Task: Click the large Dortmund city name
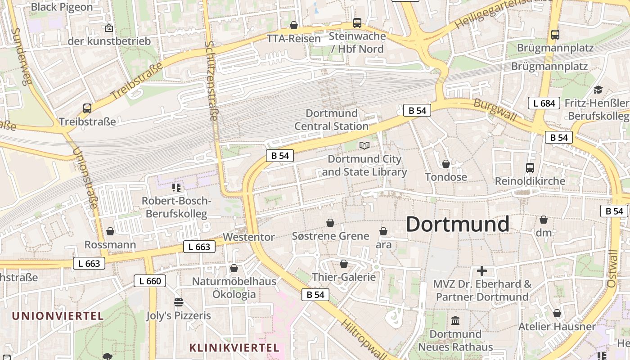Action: pyautogui.click(x=458, y=224)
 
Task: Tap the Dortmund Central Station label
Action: pyautogui.click(x=332, y=120)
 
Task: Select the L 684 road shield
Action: pyautogui.click(x=544, y=103)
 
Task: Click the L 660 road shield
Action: pyautogui.click(x=150, y=281)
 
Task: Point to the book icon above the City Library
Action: pyautogui.click(x=364, y=145)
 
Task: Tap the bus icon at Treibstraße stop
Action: pyautogui.click(x=87, y=108)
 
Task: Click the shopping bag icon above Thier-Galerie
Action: pyautogui.click(x=344, y=264)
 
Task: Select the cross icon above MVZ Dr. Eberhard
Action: pyautogui.click(x=482, y=271)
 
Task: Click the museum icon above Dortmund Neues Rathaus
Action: pyautogui.click(x=455, y=321)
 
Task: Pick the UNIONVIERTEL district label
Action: pyautogui.click(x=58, y=316)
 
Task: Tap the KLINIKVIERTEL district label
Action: pyautogui.click(x=234, y=348)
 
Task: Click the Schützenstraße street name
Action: pyautogui.click(x=211, y=81)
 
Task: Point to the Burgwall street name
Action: pyautogui.click(x=495, y=109)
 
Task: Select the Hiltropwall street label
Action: pyautogui.click(x=363, y=340)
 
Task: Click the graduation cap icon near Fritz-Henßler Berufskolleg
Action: pyautogui.click(x=598, y=90)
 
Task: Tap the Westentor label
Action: pyautogui.click(x=248, y=237)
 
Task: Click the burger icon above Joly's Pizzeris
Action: pyautogui.click(x=179, y=302)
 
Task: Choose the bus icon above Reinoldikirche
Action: pyautogui.click(x=530, y=168)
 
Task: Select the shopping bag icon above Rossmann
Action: pyautogui.click(x=110, y=231)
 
